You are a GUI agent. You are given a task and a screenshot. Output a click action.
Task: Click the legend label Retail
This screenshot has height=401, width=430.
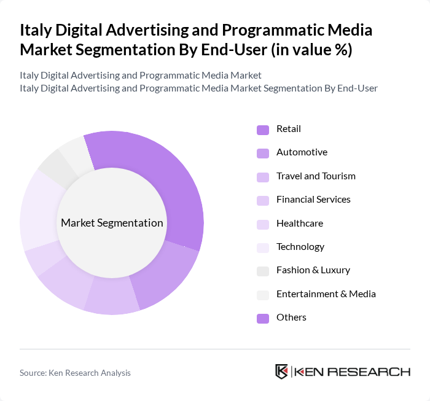289,129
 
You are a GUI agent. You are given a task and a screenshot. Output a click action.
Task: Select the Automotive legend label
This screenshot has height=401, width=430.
302,152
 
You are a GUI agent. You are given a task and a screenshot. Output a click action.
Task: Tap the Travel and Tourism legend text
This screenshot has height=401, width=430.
316,176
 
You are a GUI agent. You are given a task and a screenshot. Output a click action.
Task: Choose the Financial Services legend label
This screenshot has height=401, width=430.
313,200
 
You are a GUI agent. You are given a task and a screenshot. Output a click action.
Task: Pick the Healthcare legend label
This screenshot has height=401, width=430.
300,223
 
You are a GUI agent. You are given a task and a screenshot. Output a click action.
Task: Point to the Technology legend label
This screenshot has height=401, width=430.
300,247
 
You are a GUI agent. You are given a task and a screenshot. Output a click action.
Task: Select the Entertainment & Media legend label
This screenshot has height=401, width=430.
326,294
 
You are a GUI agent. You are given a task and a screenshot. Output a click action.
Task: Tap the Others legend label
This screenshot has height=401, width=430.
291,317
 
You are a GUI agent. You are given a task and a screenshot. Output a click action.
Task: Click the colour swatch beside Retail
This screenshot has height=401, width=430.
263,130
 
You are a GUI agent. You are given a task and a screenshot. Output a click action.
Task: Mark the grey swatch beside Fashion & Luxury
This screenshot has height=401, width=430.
263,271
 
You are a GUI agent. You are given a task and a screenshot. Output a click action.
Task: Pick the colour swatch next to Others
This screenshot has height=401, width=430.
263,318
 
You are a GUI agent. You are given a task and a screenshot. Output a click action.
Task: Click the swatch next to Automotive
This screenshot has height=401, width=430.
263,153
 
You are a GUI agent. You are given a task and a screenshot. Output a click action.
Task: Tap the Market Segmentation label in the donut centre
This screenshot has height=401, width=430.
112,223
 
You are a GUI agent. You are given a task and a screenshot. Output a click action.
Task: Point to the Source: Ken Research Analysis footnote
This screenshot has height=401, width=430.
75,373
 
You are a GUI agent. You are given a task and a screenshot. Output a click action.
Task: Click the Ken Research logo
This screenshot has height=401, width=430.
342,372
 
